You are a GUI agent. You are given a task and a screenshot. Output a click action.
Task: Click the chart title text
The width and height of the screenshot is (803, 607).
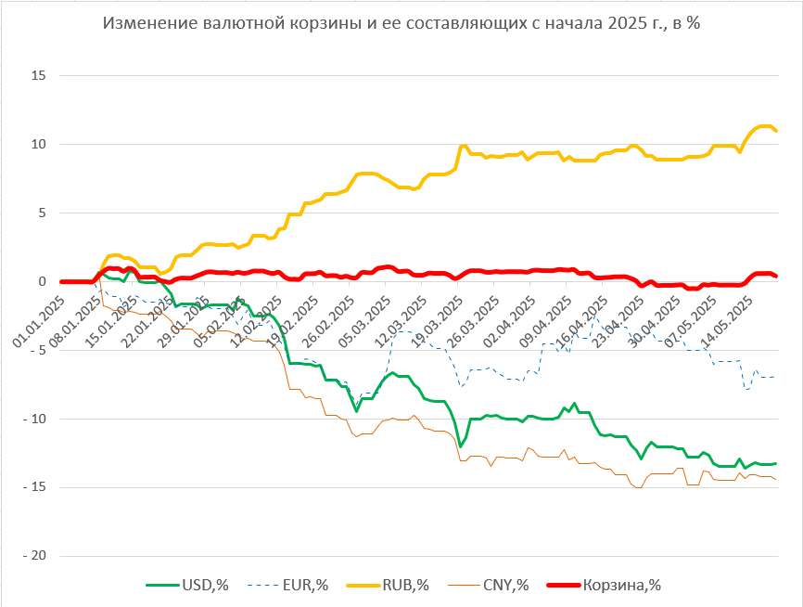point(401,24)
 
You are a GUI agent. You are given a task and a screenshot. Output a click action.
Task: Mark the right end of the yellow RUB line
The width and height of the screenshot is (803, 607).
point(776,131)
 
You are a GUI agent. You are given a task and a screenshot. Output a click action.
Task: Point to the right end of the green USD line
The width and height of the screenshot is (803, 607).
point(775,463)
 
